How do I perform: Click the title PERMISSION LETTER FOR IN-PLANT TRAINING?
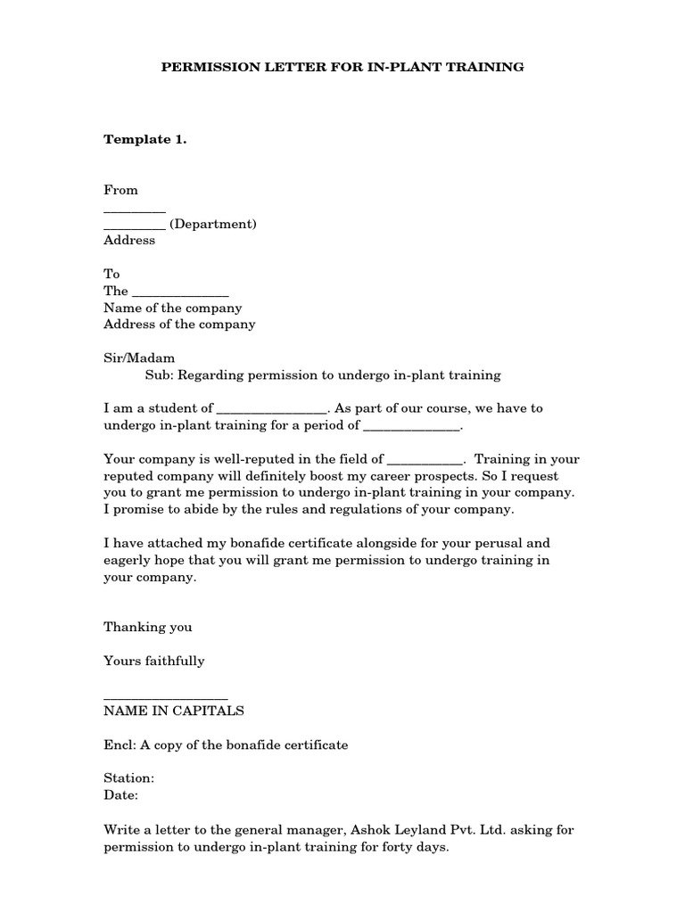pos(342,67)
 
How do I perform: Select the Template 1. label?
pos(145,139)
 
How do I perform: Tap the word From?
pos(121,190)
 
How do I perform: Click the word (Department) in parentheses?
pos(213,224)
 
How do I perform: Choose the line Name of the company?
pos(173,308)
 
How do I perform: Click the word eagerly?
pos(128,560)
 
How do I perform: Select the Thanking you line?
pos(148,627)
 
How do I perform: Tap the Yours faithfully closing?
pos(154,661)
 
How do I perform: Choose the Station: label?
pos(129,778)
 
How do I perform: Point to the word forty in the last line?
pos(384,846)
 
